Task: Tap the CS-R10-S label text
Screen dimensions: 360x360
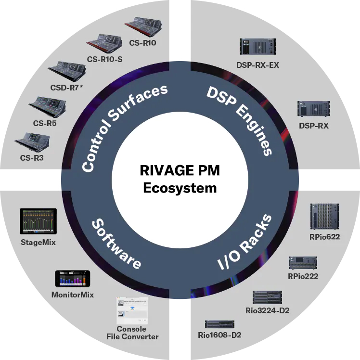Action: pyautogui.click(x=105, y=60)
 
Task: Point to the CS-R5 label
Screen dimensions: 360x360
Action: pyautogui.click(x=45, y=123)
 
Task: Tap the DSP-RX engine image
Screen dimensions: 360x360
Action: pyautogui.click(x=313, y=109)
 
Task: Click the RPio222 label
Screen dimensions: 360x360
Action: pyautogui.click(x=303, y=276)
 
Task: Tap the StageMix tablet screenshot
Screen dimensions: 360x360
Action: pyautogui.click(x=38, y=221)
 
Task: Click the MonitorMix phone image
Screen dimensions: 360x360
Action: pyautogui.click(x=72, y=279)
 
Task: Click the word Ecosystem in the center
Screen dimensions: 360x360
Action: pyautogui.click(x=180, y=187)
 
